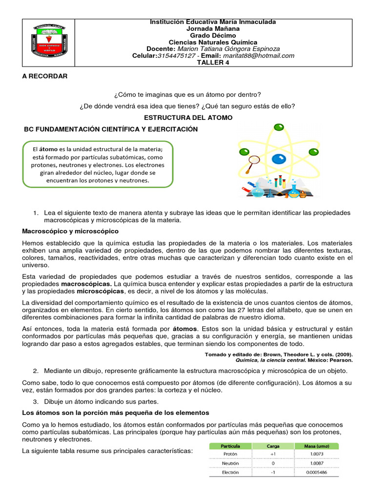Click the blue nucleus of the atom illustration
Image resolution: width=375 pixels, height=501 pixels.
pos(279,159)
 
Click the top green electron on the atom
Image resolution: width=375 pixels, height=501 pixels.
pos(279,127)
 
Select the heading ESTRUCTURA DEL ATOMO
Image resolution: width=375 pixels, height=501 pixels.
pos(187,118)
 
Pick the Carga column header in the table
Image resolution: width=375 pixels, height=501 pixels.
pos(273,446)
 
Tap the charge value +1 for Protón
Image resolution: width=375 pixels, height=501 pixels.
pos(273,454)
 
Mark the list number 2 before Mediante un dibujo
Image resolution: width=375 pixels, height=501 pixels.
pos(36,371)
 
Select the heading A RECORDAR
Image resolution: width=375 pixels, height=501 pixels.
pos(45,77)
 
